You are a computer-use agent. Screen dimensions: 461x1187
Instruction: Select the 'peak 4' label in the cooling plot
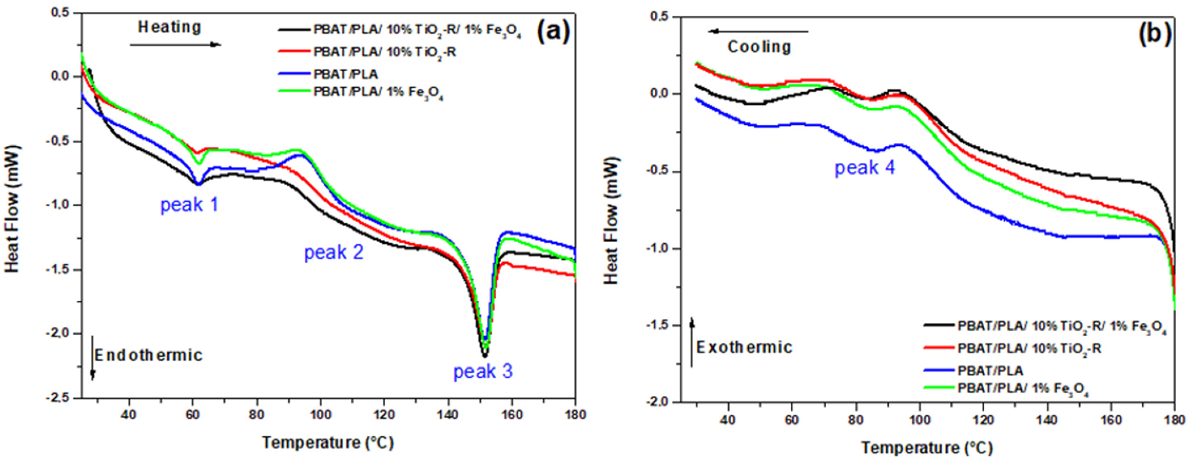(x=865, y=168)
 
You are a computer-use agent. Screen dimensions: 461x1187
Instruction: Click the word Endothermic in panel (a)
(x=148, y=355)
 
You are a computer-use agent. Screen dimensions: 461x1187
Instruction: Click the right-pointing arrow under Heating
(x=175, y=45)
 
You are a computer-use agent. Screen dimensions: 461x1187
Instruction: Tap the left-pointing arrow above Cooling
(x=758, y=32)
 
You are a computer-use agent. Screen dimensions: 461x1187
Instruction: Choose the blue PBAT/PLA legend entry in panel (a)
(x=346, y=74)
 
